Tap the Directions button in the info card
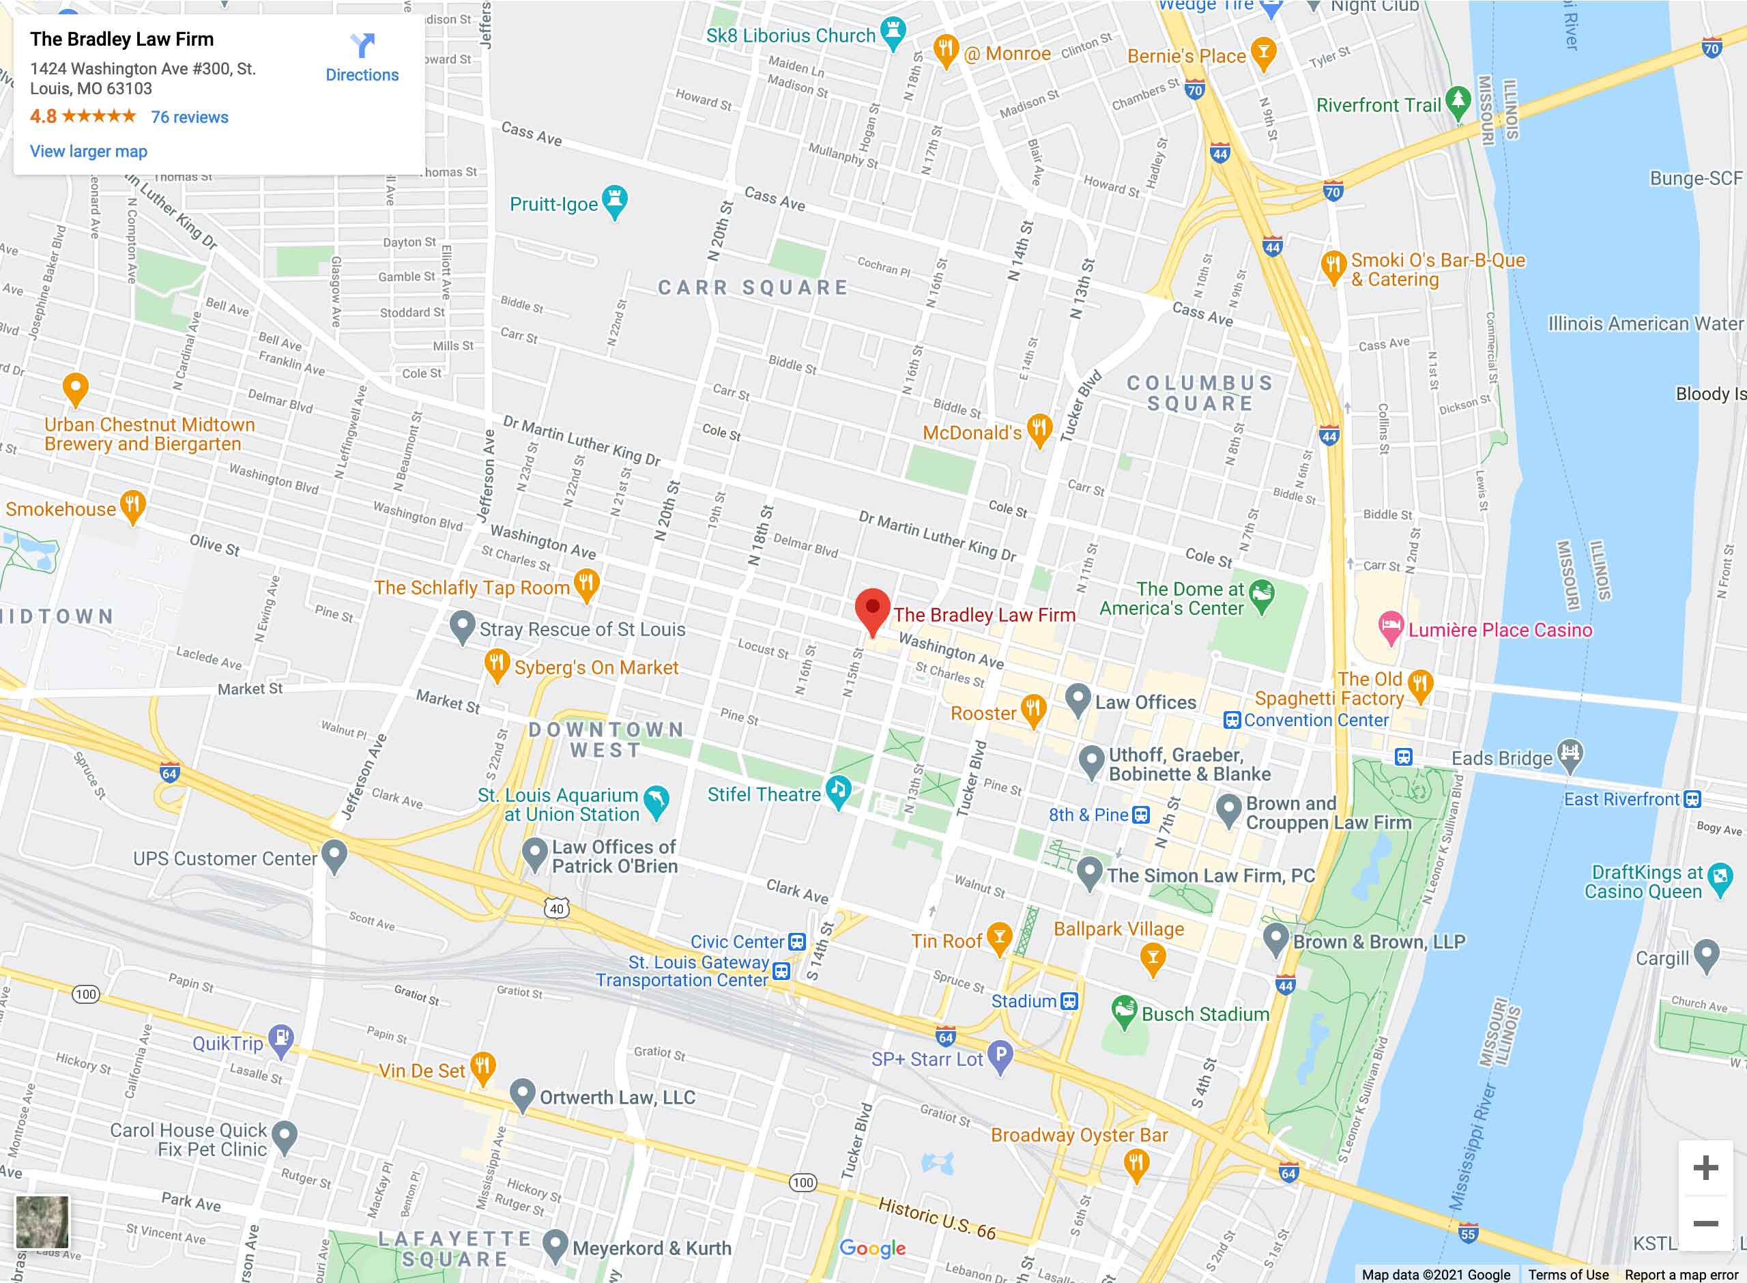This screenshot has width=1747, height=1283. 362,58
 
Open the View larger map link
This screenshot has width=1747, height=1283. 89,152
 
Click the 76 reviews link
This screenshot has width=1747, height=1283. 190,117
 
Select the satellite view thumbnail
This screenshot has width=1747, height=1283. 42,1222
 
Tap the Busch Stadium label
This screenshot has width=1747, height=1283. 1205,1014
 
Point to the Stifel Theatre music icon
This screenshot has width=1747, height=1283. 838,790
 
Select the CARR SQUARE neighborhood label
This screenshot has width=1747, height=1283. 753,288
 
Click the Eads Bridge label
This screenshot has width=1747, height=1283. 1501,759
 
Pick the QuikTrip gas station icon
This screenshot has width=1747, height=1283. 281,1039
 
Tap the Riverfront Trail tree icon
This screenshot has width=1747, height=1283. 1458,101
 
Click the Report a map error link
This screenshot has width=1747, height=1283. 1681,1274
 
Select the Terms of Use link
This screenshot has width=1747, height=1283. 1568,1274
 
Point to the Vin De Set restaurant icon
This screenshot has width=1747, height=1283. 483,1067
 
